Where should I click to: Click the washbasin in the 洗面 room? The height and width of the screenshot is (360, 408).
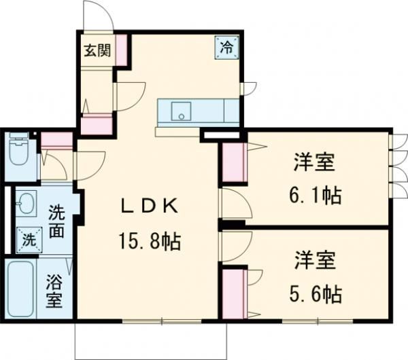pyautogui.click(x=26, y=203)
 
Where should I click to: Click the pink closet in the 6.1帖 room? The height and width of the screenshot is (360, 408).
pyautogui.click(x=233, y=164)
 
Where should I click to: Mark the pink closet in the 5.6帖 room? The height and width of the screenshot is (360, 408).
pyautogui.click(x=233, y=293)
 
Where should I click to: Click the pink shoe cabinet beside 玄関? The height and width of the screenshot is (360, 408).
pyautogui.click(x=122, y=50)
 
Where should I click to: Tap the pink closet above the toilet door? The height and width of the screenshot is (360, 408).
pyautogui.click(x=56, y=141)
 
